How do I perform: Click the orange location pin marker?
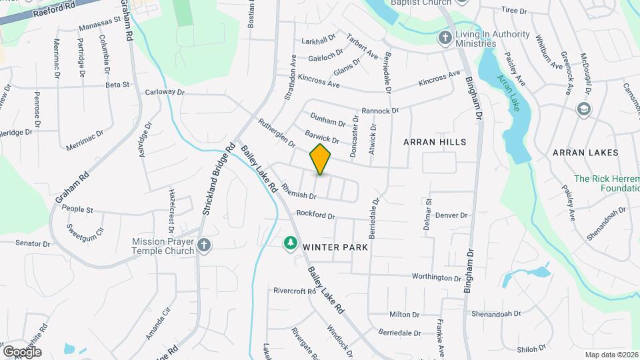point(321,159)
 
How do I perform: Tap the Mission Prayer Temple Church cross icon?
point(205,247)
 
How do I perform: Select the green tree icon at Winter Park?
point(290,245)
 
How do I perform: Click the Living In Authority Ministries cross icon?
point(445,38)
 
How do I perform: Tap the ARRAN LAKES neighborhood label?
point(585,153)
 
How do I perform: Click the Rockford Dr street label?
point(315,215)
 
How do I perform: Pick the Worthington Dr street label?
point(437,277)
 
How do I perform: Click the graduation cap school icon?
point(584,109)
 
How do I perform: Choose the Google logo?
point(22,351)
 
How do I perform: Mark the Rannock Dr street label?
point(379,111)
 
